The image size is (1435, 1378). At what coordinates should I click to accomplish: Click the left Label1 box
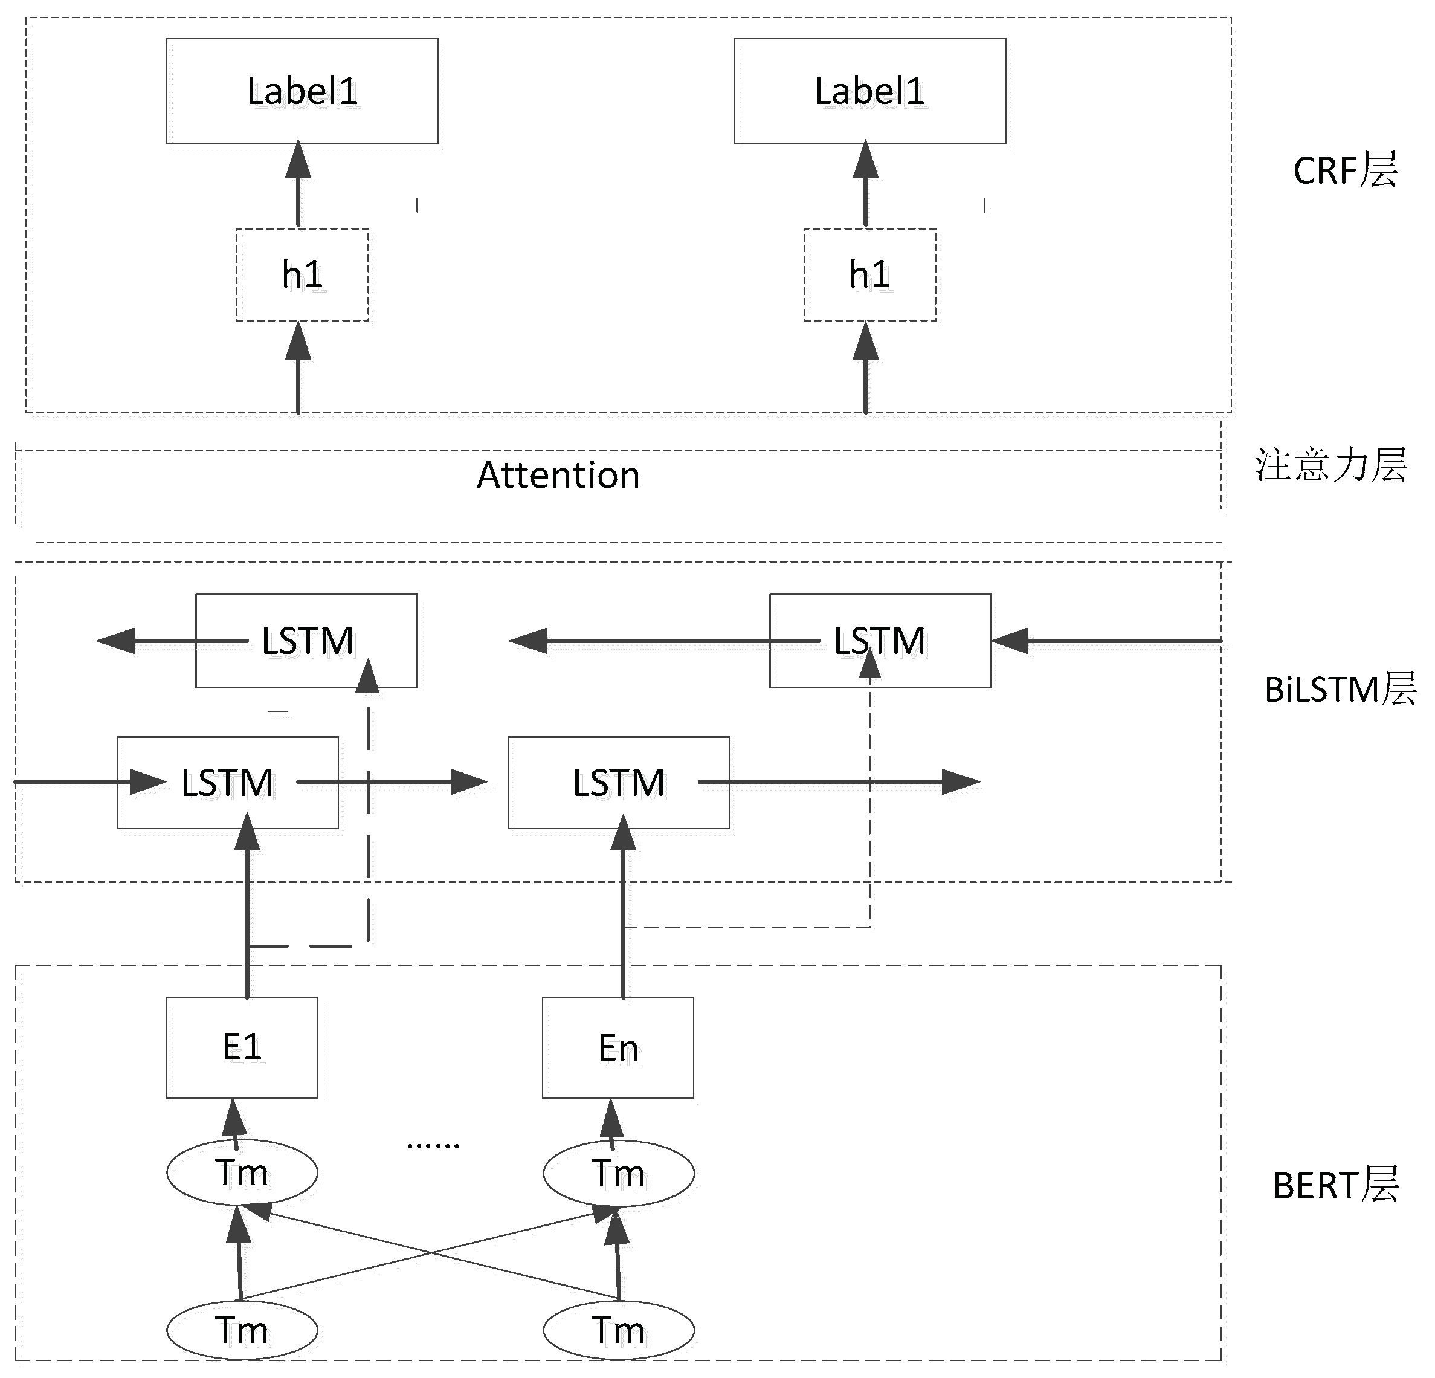302,91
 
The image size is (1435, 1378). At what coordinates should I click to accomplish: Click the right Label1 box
870,91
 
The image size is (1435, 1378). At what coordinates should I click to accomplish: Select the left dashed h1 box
302,274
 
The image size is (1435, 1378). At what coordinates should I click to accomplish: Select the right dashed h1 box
870,274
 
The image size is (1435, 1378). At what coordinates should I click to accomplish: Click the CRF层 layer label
1345,170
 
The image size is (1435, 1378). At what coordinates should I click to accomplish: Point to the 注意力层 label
1330,465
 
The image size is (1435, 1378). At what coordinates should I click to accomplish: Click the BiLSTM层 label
1339,690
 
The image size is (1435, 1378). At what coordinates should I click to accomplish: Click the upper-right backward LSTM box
880,641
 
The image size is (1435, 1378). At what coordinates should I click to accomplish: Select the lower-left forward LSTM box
228,783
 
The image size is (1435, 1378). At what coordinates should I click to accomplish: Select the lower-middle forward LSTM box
619,783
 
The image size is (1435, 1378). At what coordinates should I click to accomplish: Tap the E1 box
242,1047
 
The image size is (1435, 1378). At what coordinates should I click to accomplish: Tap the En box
618,1047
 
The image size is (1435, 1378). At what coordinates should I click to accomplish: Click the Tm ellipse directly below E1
242,1173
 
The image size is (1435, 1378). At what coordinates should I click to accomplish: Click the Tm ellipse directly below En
618,1173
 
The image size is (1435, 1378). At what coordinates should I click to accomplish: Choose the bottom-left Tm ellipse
242,1330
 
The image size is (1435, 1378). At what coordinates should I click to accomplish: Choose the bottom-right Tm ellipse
618,1330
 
